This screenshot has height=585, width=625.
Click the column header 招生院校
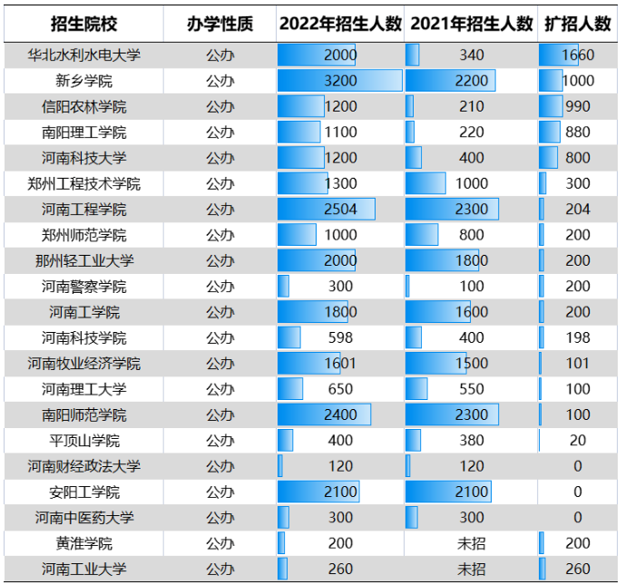84,24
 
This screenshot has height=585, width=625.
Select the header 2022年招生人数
340,24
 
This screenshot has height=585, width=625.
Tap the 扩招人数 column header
578,24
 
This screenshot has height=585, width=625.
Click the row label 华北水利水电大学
84,55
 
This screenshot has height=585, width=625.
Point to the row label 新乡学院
84,81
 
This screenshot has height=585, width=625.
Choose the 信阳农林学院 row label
84,106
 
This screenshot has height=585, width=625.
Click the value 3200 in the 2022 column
340,81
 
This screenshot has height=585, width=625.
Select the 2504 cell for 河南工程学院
340,210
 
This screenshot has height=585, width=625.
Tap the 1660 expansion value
578,55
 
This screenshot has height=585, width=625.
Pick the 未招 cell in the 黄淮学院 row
472,543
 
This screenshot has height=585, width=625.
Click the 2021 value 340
472,55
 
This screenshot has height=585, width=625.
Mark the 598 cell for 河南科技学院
340,338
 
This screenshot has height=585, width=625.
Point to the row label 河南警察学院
84,287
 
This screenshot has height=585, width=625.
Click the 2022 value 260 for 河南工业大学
340,570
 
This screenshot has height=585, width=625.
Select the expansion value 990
578,106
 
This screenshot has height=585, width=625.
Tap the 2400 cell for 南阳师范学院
340,415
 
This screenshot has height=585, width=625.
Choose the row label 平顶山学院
84,441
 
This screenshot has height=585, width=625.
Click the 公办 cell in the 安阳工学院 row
220,492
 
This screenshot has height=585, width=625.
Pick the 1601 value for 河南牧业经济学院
340,364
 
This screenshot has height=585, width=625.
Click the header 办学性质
220,24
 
